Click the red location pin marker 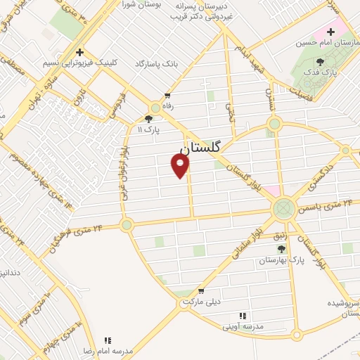(181, 165)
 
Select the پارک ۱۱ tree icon (148, 120)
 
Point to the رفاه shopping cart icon (167, 96)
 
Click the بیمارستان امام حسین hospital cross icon (330, 32)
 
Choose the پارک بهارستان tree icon (281, 249)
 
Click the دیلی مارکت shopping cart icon (202, 291)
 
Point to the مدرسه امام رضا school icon (108, 340)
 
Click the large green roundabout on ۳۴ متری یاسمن (284, 208)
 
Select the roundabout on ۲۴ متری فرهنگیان (127, 225)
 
